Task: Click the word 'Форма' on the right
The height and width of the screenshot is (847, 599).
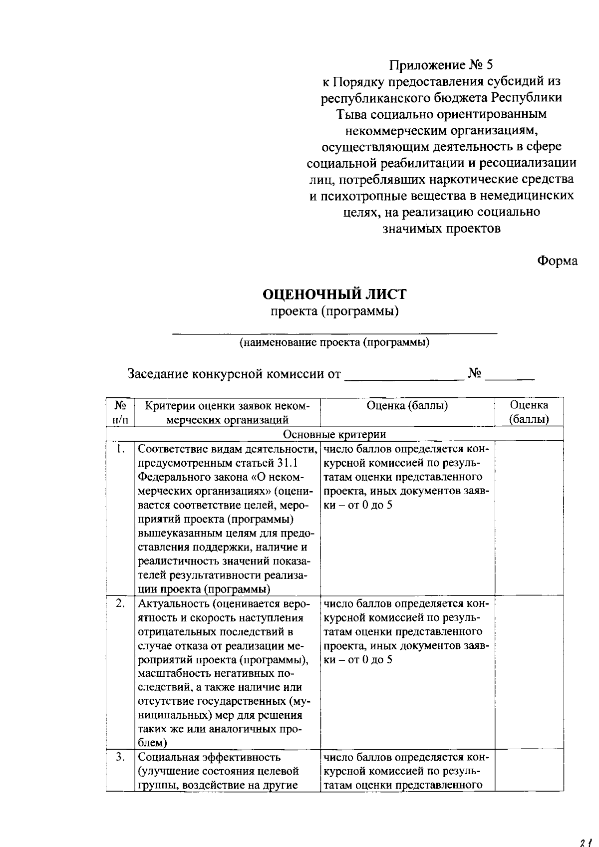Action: click(557, 261)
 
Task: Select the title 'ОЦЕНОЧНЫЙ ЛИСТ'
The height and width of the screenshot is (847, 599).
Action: click(334, 294)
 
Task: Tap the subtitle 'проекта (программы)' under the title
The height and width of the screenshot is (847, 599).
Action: click(334, 311)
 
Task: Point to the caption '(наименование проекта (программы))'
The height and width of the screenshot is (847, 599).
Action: click(334, 342)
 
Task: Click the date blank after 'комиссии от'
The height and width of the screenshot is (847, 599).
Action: click(403, 379)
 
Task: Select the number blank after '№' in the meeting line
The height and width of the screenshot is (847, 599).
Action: click(510, 379)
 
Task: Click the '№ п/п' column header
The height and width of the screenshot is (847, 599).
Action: click(120, 412)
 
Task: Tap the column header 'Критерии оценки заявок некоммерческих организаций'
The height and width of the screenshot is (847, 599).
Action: click(227, 412)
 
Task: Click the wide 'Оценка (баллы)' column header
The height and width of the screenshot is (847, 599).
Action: click(407, 405)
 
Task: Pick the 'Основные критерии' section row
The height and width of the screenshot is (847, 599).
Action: click(334, 434)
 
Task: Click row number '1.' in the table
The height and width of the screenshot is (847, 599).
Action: click(120, 449)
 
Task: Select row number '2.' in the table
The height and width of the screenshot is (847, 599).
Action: click(120, 603)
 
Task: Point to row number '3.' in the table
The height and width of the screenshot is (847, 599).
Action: click(120, 757)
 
